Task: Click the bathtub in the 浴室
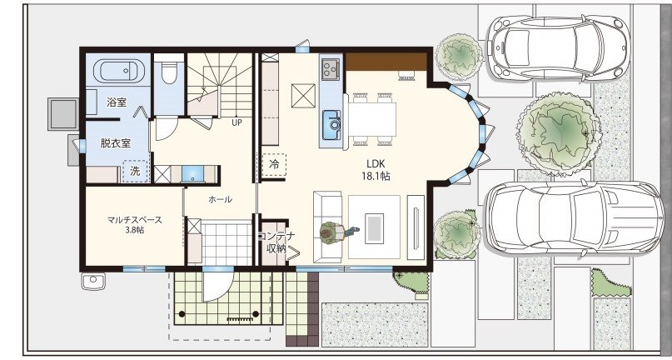[x=119, y=71]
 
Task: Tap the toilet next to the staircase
[x=169, y=73]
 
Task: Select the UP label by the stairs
[x=237, y=122]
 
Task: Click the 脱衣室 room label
[x=115, y=142]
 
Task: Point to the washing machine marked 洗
[x=136, y=171]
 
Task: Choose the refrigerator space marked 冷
[x=274, y=164]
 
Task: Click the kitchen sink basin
[x=332, y=125]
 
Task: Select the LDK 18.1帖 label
[x=376, y=170]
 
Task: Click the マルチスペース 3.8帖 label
[x=135, y=225]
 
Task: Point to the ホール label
[x=221, y=199]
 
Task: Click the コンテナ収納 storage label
[x=276, y=242]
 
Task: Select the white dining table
[x=373, y=119]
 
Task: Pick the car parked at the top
[x=559, y=48]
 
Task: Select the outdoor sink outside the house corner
[x=93, y=282]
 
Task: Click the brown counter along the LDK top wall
[x=386, y=62]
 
